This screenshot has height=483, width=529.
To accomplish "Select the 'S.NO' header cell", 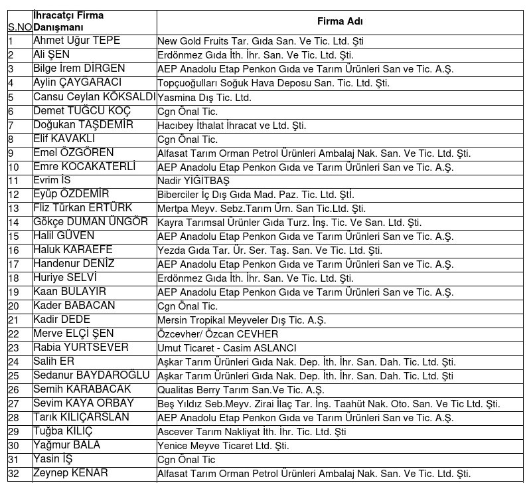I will click(x=19, y=27).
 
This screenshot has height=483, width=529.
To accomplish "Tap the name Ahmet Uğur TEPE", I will click(x=76, y=41).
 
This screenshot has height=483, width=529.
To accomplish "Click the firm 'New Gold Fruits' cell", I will click(x=260, y=41).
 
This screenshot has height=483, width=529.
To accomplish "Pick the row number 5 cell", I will click(x=11, y=97).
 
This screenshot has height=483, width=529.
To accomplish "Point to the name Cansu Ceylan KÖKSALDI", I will click(x=94, y=97).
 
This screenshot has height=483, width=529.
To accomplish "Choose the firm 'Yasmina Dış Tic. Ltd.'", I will click(x=204, y=97).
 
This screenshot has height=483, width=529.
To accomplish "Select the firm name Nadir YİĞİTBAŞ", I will click(x=194, y=181).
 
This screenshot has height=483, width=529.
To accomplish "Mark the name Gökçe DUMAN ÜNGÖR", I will click(x=90, y=222).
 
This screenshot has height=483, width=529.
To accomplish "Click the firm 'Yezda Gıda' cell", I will click(x=269, y=250).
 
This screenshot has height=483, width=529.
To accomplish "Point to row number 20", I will click(x=14, y=306).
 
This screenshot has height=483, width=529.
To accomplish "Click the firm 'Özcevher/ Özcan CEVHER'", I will click(x=218, y=334).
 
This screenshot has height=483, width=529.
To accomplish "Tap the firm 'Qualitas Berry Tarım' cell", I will click(x=240, y=390).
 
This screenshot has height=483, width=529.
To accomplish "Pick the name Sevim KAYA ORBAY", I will click(x=83, y=403).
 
